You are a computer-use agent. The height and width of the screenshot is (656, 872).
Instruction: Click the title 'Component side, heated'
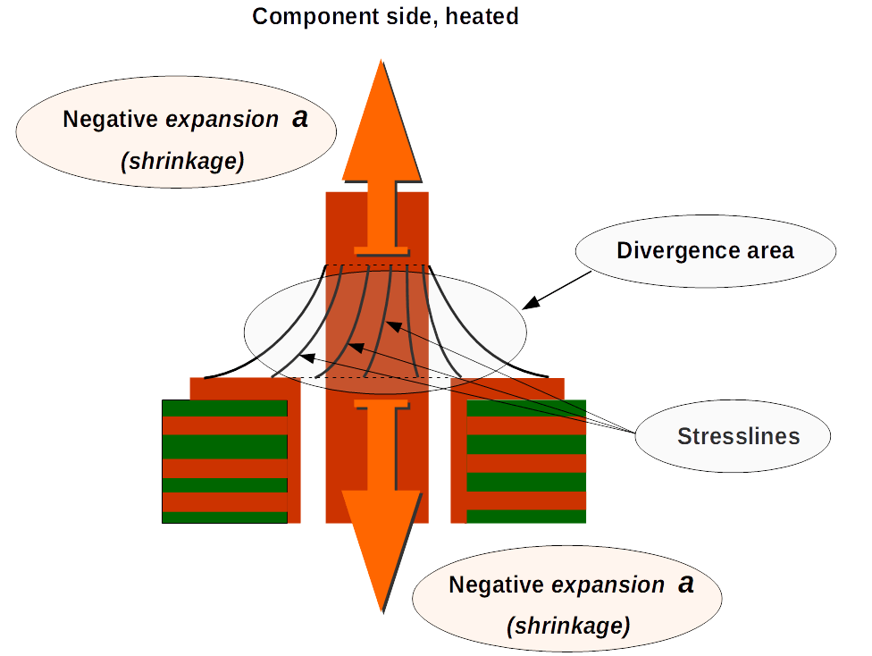[385, 16]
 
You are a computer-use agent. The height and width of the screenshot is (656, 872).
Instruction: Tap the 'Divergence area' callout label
[705, 250]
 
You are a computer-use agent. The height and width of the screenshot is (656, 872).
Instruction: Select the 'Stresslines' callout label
[738, 436]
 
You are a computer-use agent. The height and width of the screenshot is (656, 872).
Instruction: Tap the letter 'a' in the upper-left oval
[300, 118]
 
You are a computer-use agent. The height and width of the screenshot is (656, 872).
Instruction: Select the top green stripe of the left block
[224, 408]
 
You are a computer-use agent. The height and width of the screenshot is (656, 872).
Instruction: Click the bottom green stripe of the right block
[526, 517]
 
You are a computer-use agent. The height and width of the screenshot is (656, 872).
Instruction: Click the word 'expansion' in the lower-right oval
[608, 585]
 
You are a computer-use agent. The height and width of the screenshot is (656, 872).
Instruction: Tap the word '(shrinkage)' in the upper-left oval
[182, 161]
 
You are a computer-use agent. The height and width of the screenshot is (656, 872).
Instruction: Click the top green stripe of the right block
[526, 408]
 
